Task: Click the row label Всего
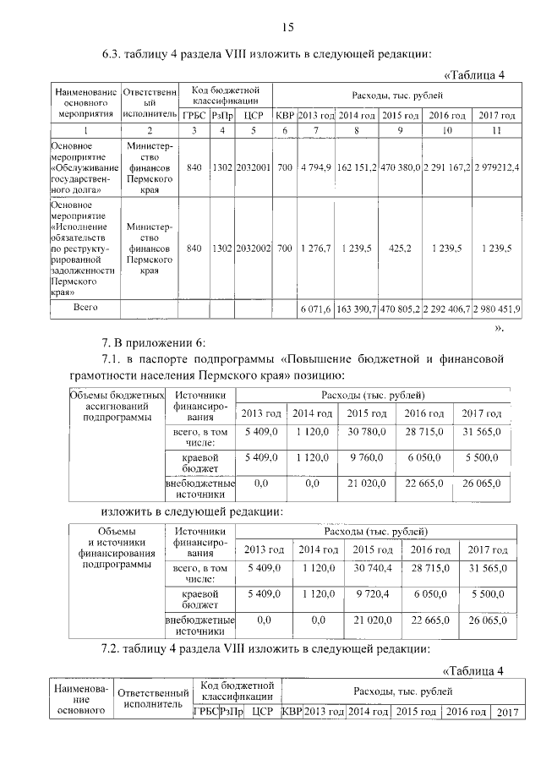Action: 85,309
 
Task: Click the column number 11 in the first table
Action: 496,130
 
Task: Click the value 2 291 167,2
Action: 447,167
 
